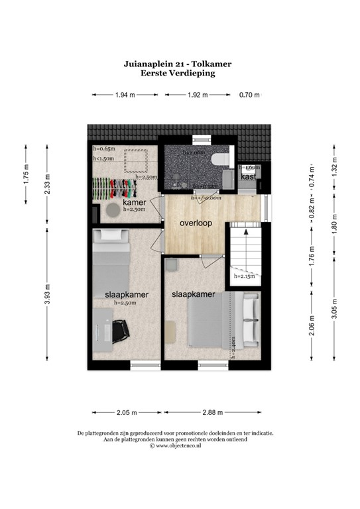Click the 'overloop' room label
(x=196, y=223)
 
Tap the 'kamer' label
(x=134, y=201)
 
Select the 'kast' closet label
(x=249, y=177)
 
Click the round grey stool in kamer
(x=113, y=209)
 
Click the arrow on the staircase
(x=245, y=233)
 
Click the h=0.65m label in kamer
(x=104, y=149)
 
